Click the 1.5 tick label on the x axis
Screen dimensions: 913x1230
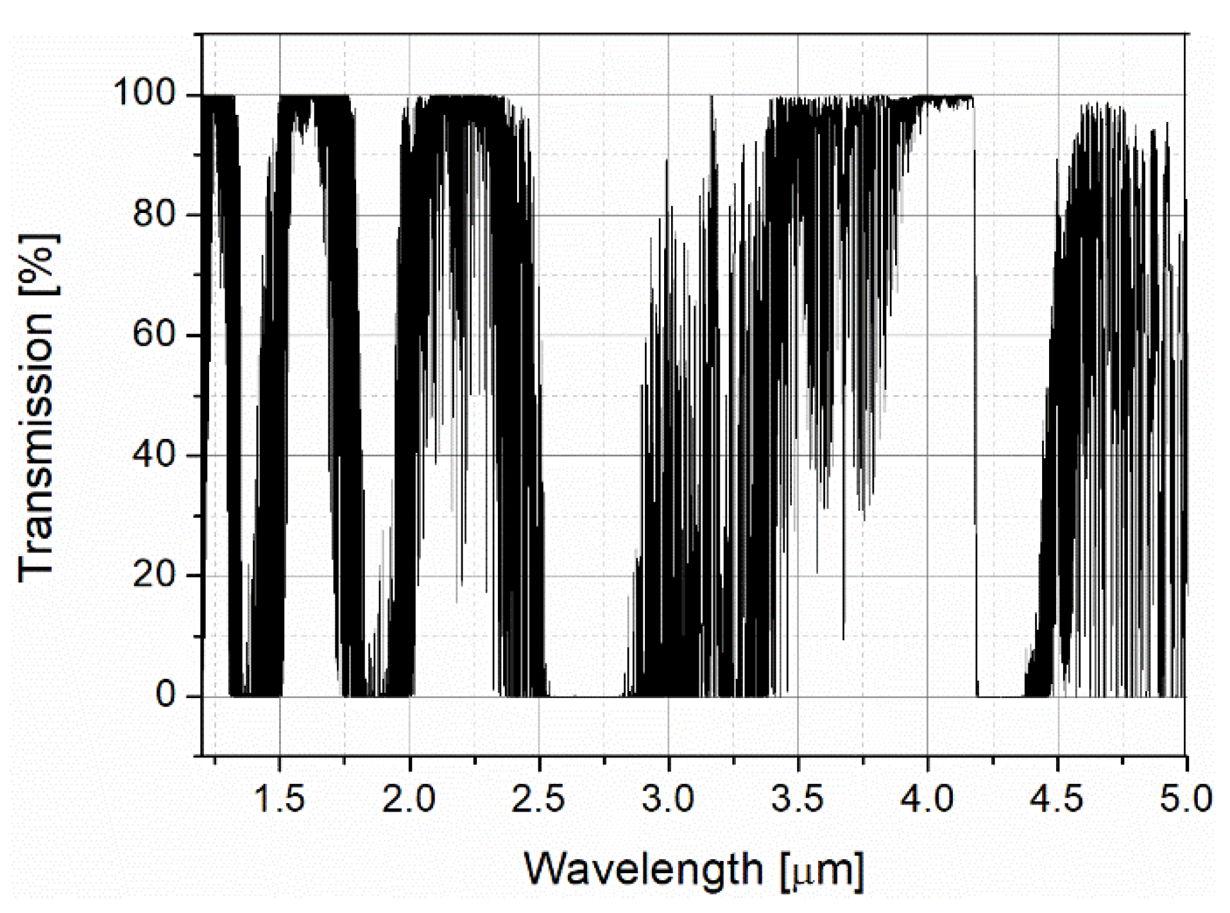(279, 799)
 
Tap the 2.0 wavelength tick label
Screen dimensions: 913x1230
(409, 799)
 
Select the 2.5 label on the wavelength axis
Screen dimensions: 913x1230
(538, 799)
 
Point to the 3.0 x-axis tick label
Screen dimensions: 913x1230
(668, 799)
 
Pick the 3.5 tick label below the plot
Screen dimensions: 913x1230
(798, 799)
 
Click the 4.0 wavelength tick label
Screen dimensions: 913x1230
(928, 799)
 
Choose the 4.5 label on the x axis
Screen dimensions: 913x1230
(1057, 799)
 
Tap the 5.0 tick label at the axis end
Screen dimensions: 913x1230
(1186, 799)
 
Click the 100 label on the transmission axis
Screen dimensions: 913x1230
(144, 95)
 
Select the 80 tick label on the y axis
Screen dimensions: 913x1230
(154, 215)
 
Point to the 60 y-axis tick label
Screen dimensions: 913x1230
(154, 335)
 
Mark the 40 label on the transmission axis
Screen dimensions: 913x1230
(154, 455)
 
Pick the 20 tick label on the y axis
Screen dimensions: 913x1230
(154, 576)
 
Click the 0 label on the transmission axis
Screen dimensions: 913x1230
(165, 695)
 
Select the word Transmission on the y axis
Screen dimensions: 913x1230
(37, 448)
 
